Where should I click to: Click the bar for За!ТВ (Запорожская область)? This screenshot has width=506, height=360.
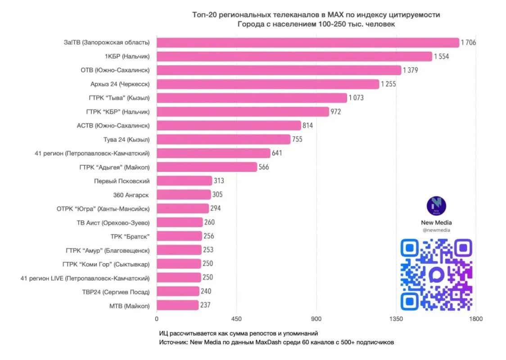pos(308,43)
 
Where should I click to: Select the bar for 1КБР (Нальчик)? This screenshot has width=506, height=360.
pos(294,56)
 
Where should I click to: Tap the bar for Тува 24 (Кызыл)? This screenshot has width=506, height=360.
pos(224,139)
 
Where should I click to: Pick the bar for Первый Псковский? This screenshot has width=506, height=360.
pos(185,181)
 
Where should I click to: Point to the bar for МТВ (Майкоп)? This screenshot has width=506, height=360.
pos(178,305)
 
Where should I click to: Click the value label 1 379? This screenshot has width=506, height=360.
pos(411,70)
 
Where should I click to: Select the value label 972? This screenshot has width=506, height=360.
pos(336,112)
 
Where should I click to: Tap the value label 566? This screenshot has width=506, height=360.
pos(264,167)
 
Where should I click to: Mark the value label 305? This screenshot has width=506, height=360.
pos(217,194)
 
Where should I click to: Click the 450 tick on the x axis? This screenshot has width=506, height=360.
pos(236,319)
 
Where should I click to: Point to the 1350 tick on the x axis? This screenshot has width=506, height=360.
pos(396,319)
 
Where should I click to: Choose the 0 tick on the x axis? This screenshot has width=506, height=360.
pos(157,319)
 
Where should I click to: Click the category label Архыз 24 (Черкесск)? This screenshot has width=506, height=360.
pos(120,84)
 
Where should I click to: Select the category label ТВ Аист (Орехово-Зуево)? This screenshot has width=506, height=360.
pos(113,223)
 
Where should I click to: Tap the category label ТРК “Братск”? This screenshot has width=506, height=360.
pos(130,237)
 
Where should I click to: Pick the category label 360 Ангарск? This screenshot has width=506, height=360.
pos(131,195)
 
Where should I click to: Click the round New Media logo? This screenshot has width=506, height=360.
pos(436,206)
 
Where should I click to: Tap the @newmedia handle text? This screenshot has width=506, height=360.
pos(436,230)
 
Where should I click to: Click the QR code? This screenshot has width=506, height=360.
pos(436,275)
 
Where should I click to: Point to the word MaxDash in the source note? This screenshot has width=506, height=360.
pos(268,342)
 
